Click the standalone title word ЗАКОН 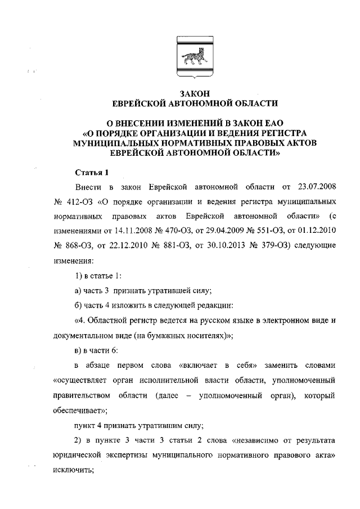(194, 94)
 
